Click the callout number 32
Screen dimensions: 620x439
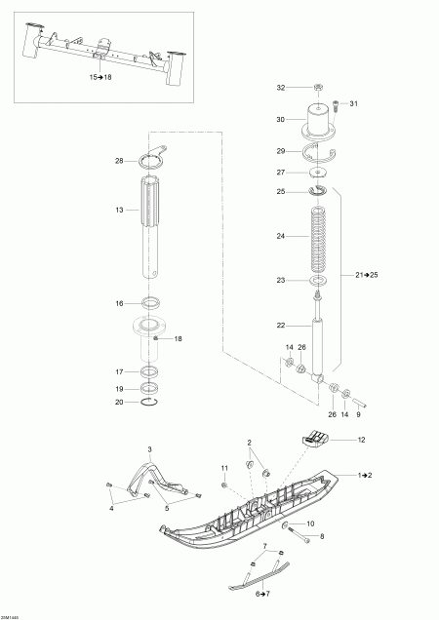point(280,88)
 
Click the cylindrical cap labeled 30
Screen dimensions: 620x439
point(319,120)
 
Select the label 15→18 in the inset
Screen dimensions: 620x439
point(101,75)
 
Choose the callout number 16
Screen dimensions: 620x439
point(120,303)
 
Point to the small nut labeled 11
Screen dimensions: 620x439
point(225,484)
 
